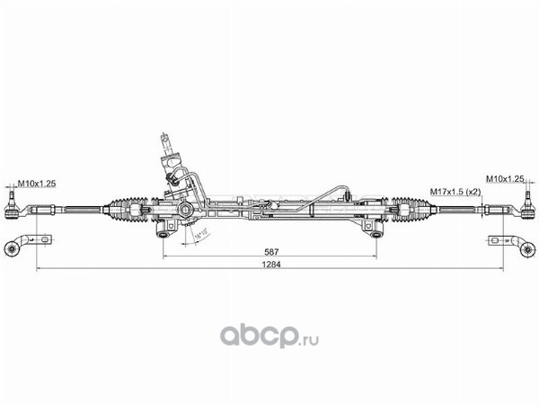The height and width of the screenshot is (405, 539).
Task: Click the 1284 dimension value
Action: coord(269,266)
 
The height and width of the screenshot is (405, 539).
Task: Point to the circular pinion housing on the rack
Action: coord(185,211)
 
